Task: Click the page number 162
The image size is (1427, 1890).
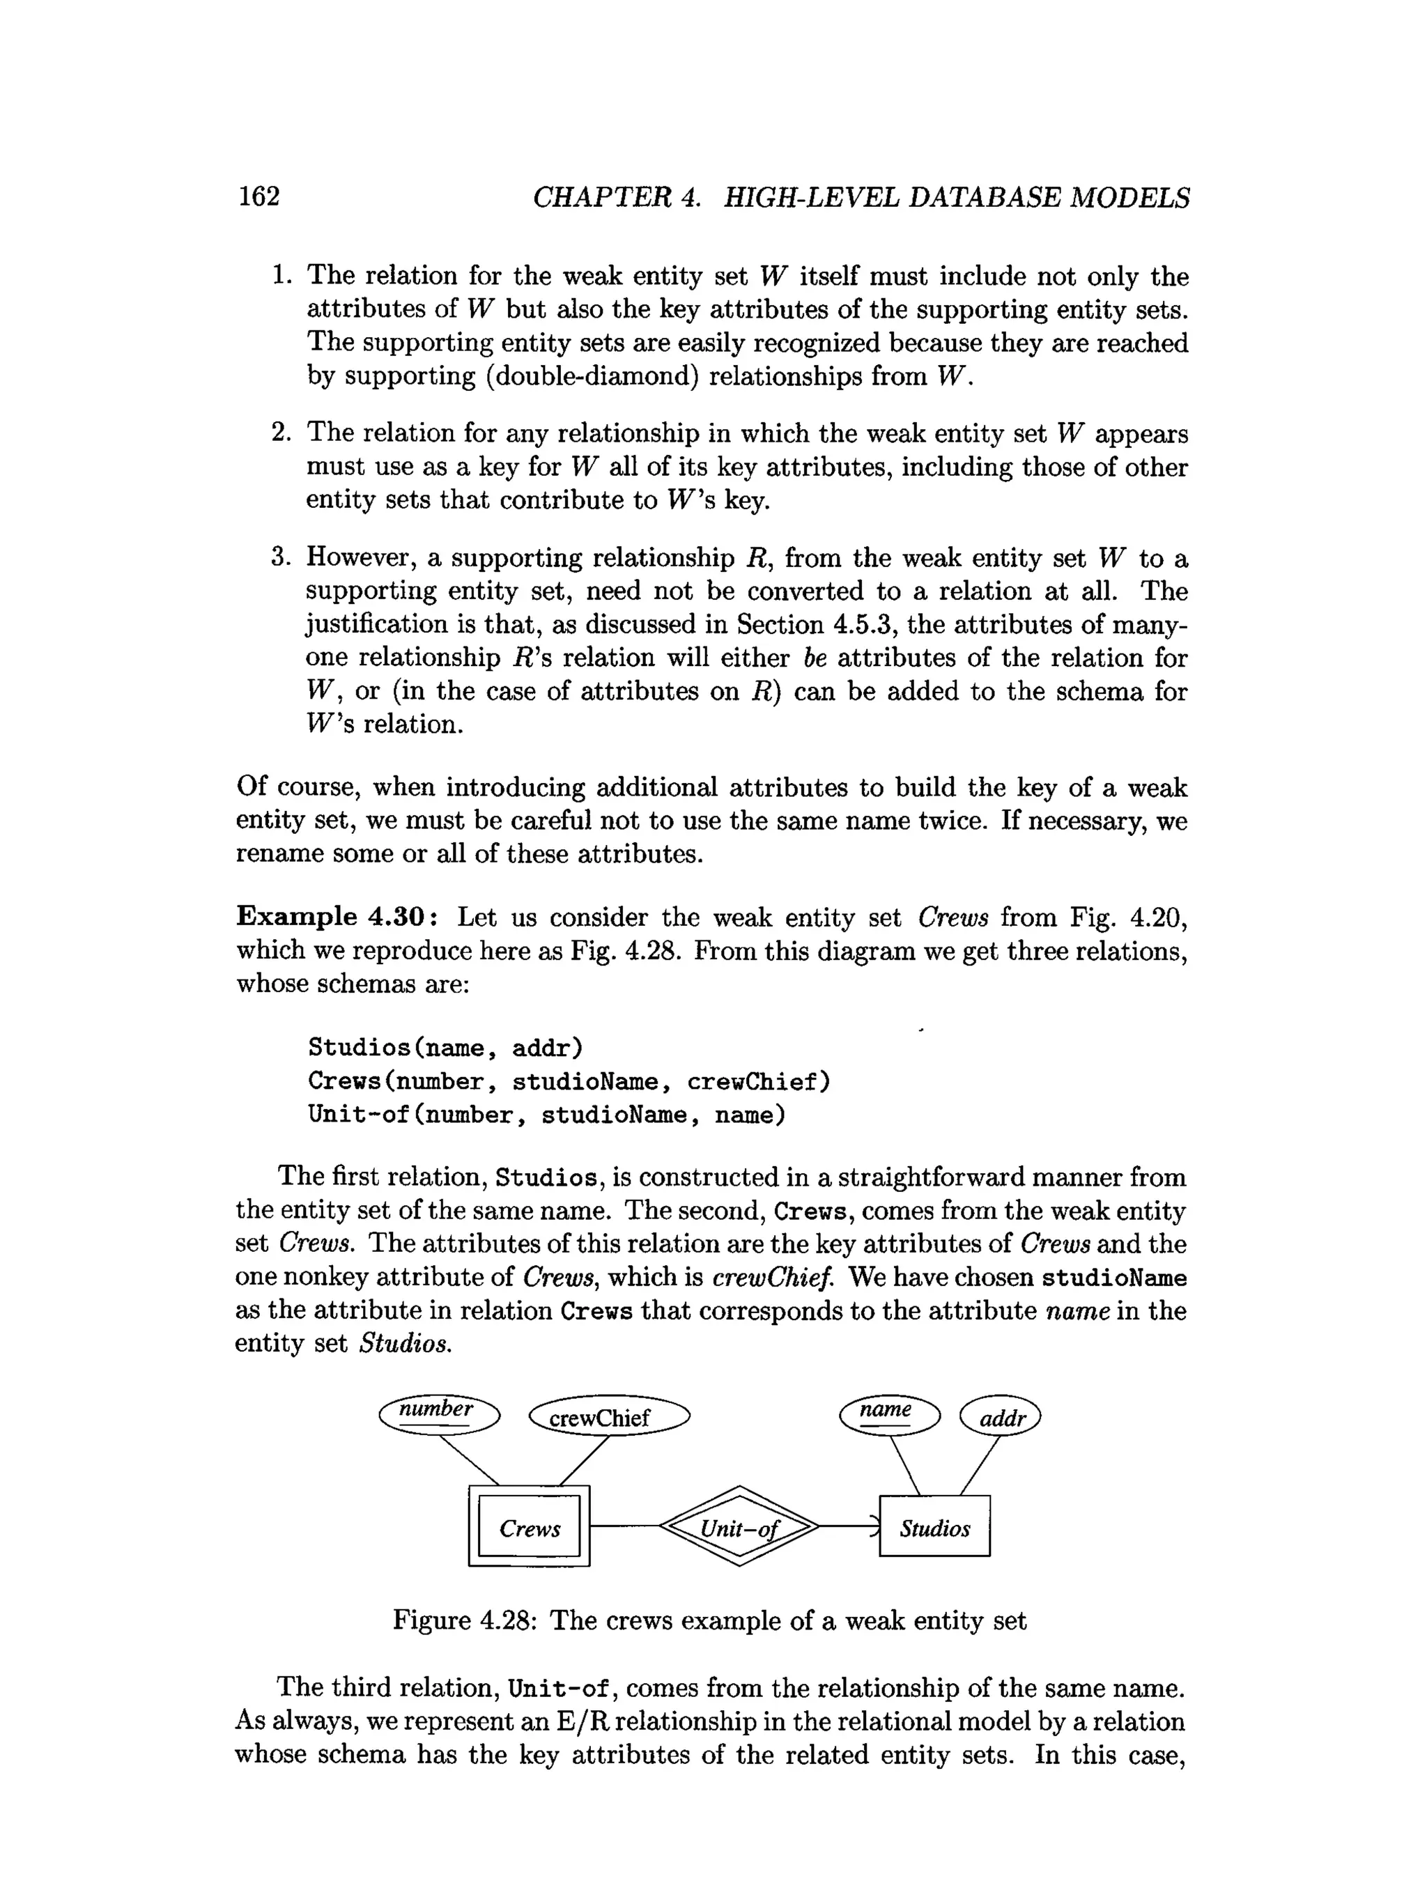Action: [x=259, y=196]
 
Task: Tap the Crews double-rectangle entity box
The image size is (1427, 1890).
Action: [x=529, y=1528]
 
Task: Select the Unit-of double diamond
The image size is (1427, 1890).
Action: [x=739, y=1528]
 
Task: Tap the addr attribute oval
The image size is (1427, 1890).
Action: [x=1001, y=1418]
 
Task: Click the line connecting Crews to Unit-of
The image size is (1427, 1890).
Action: [x=624, y=1526]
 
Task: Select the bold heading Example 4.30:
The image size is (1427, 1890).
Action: [x=339, y=917]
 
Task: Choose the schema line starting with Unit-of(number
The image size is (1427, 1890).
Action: [x=546, y=1115]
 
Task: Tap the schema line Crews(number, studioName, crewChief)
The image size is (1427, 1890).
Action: [x=569, y=1081]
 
